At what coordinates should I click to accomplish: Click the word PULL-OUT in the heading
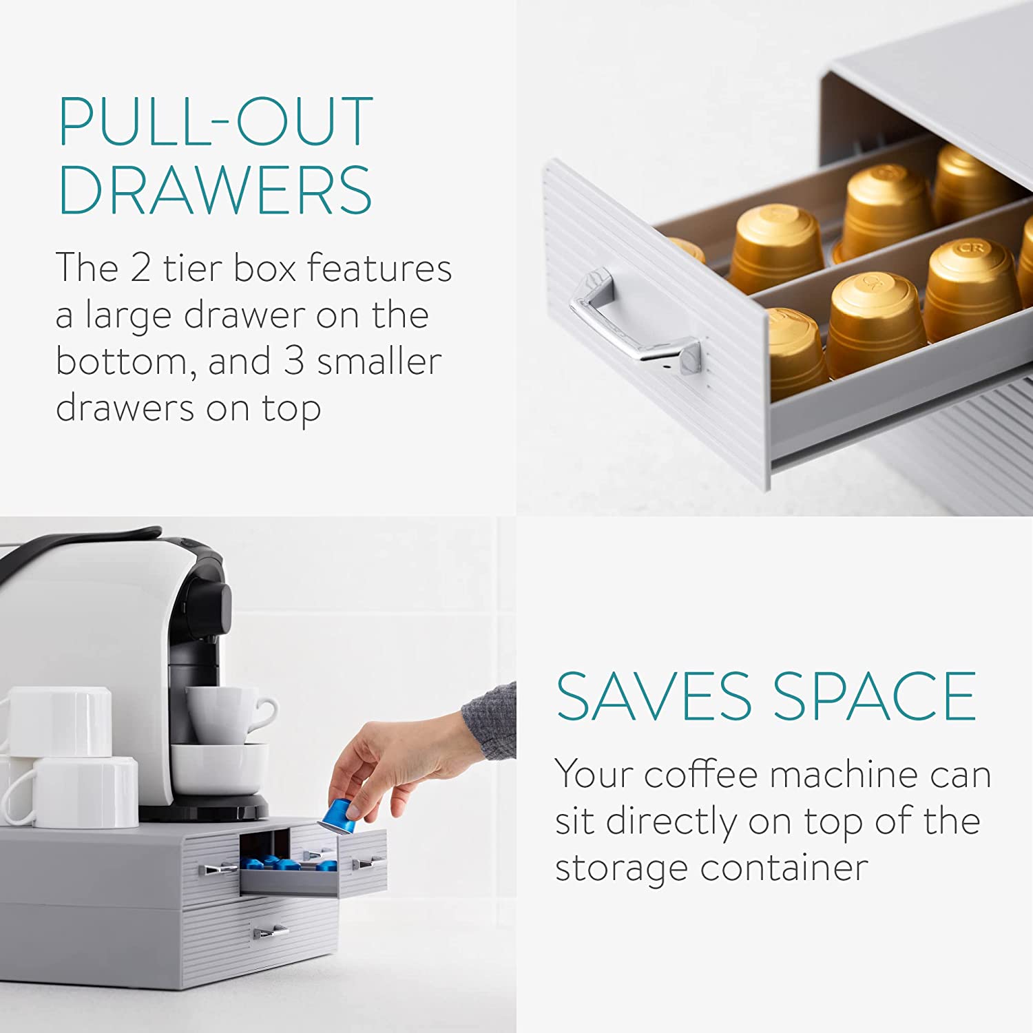pyautogui.click(x=216, y=122)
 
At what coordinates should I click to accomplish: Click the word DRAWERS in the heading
pyautogui.click(x=216, y=191)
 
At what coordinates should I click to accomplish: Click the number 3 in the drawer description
pyautogui.click(x=294, y=362)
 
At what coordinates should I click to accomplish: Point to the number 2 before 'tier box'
pyautogui.click(x=140, y=268)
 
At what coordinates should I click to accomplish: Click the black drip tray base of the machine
pyautogui.click(x=207, y=809)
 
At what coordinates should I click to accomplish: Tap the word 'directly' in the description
pyautogui.click(x=662, y=822)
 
